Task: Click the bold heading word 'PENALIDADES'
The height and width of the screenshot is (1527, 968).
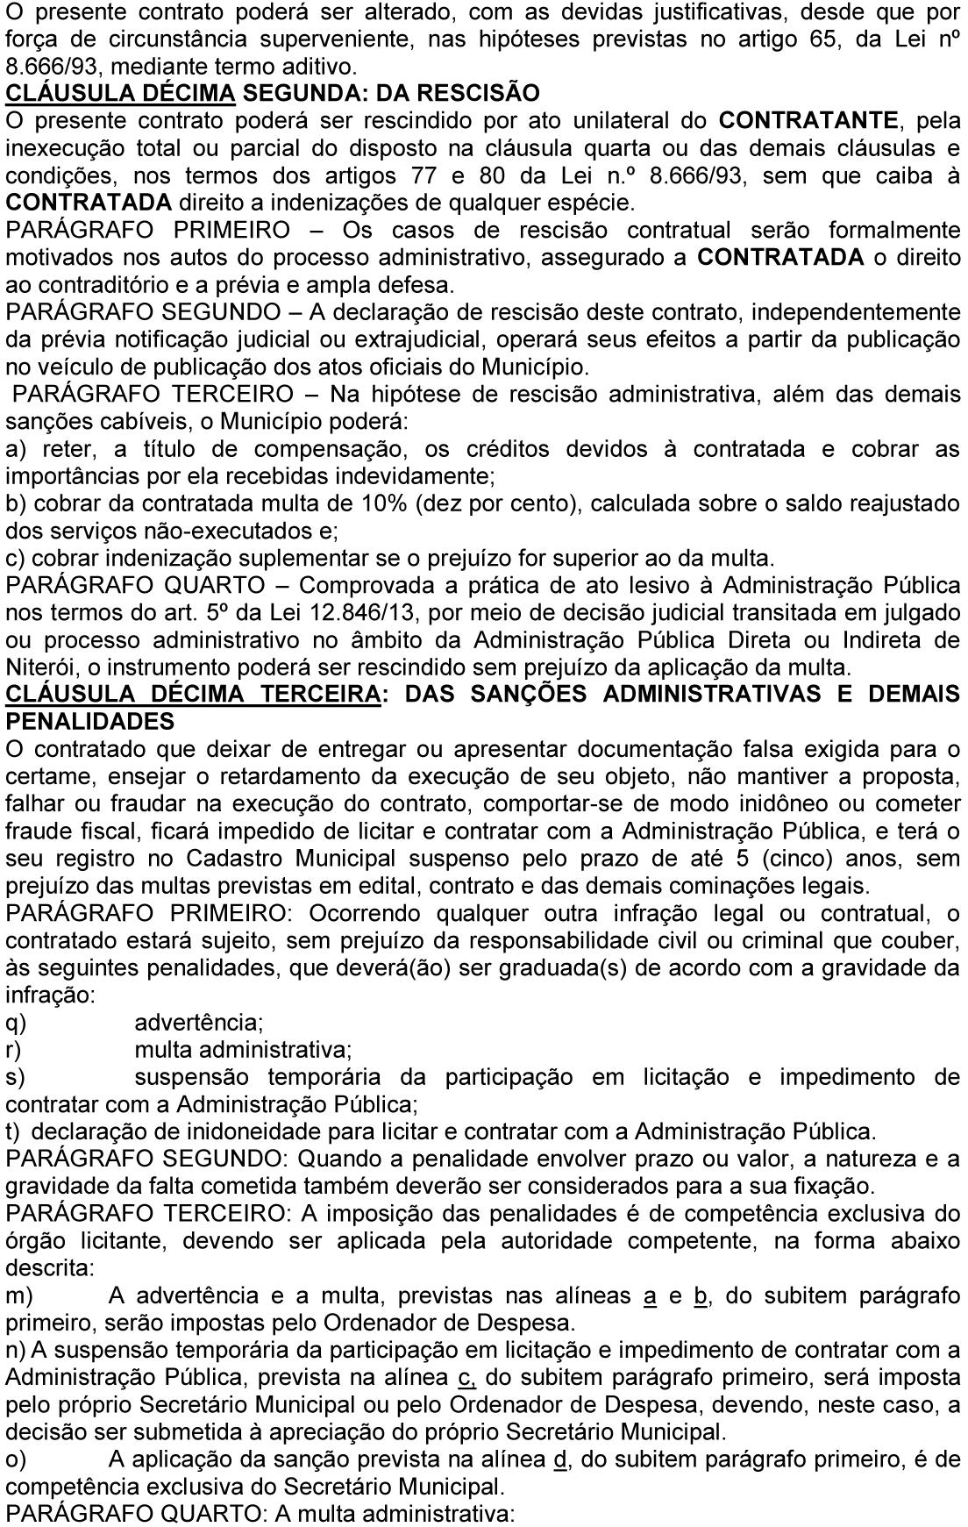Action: [x=90, y=722]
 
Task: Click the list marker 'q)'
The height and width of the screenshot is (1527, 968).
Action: [x=15, y=1023]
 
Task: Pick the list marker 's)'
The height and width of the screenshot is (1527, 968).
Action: [x=15, y=1077]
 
